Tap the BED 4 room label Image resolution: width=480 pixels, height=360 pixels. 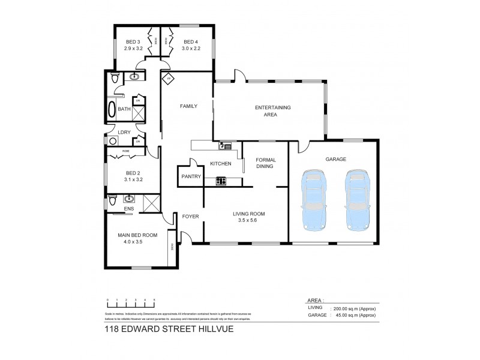click(183, 42)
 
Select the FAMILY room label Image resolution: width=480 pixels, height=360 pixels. click(189, 106)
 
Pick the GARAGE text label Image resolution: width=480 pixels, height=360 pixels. click(336, 160)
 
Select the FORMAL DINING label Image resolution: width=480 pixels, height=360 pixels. click(265, 163)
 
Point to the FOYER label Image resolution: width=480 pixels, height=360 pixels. click(190, 216)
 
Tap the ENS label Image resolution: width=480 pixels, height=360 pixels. click(128, 209)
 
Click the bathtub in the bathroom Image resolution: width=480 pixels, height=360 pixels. click(112, 109)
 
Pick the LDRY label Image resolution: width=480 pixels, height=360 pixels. click(124, 132)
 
